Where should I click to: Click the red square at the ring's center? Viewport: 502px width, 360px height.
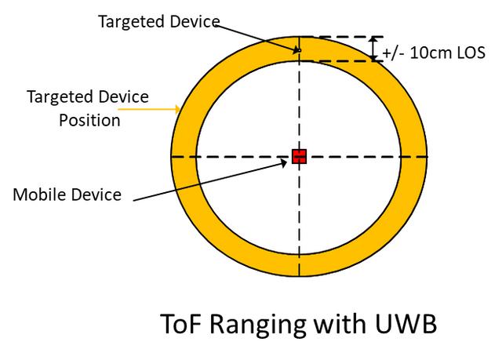click(x=298, y=156)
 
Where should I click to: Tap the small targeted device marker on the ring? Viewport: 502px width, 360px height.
click(x=299, y=50)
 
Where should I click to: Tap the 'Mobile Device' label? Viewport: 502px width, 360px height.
click(x=67, y=195)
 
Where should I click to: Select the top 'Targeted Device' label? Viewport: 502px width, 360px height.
click(x=158, y=21)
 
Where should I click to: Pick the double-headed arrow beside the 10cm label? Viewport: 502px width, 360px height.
click(x=373, y=49)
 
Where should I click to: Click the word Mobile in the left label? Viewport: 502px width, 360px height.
click(x=38, y=195)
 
